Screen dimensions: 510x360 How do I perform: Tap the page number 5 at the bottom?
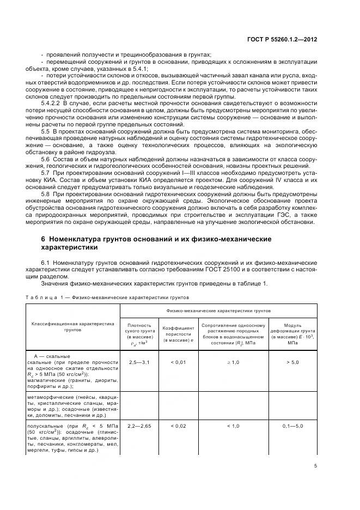[x=315, y=465]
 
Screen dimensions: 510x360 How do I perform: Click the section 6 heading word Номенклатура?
[x=78, y=239]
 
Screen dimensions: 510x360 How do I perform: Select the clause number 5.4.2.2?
[x=53, y=103]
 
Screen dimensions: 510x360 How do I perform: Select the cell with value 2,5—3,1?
[x=139, y=362]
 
